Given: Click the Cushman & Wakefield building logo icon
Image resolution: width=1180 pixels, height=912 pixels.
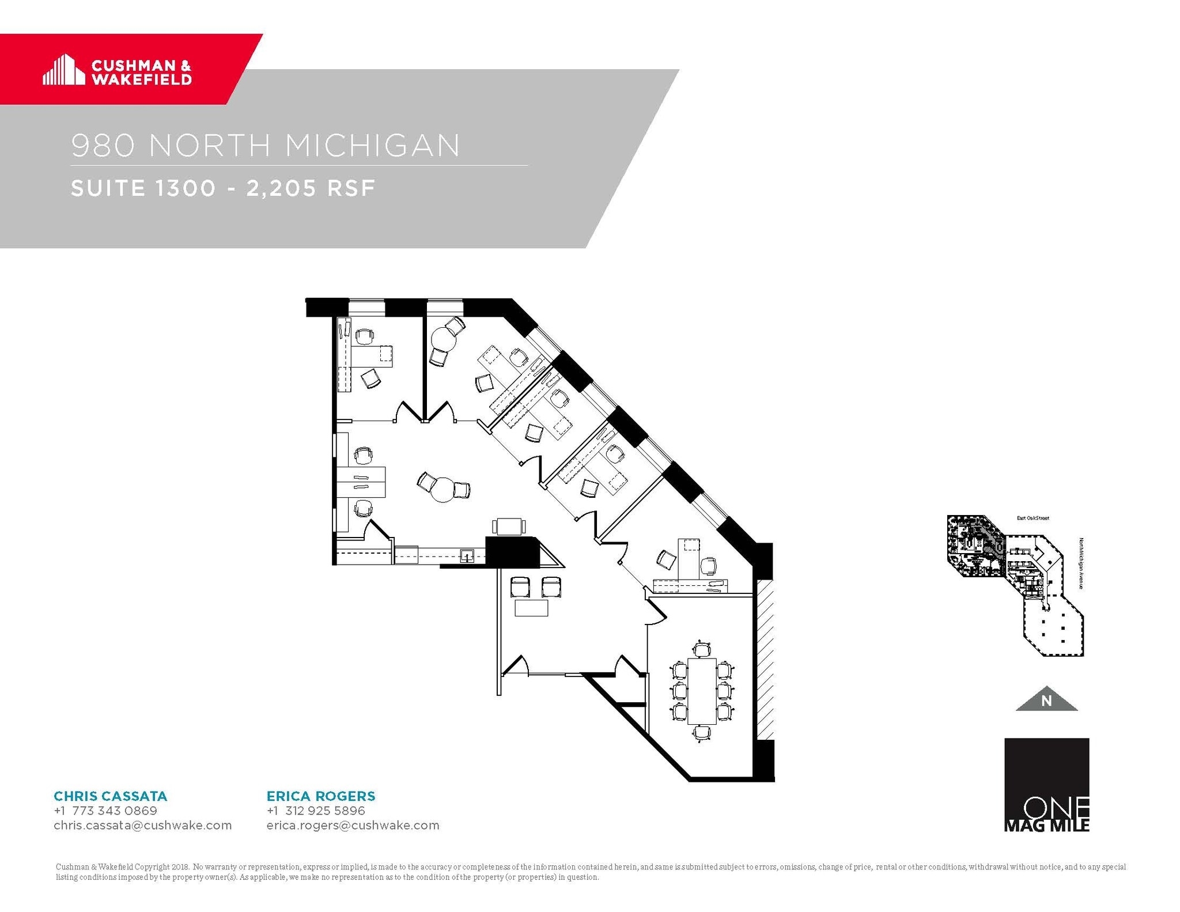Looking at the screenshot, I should click(x=60, y=70).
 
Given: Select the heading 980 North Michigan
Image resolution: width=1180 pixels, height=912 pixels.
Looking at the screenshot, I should click(x=266, y=145).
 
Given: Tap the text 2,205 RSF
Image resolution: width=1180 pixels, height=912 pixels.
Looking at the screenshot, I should click(x=311, y=188).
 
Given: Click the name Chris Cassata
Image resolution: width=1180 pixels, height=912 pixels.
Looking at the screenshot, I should click(x=110, y=796).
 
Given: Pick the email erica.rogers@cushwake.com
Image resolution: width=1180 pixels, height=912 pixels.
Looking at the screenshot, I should click(x=353, y=825).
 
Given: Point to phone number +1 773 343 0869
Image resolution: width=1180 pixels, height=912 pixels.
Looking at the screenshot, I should click(x=105, y=811).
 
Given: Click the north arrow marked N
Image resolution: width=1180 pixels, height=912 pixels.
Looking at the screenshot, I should click(x=1046, y=699).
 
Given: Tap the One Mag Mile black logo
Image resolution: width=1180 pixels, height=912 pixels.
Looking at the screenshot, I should click(x=1046, y=785).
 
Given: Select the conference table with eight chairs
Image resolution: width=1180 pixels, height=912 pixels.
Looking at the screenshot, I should click(x=701, y=691).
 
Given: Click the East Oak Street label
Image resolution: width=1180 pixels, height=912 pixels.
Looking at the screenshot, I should click(x=1032, y=518).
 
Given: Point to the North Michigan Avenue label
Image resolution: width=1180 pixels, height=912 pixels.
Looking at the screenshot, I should click(x=1081, y=563).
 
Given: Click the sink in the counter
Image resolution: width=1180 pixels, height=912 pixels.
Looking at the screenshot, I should click(x=467, y=556).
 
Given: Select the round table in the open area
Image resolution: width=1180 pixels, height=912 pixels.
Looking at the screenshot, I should click(x=443, y=490).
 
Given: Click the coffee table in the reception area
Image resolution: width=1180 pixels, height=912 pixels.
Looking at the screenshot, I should click(x=531, y=608).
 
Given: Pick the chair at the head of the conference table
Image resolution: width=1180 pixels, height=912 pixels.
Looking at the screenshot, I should click(x=701, y=649).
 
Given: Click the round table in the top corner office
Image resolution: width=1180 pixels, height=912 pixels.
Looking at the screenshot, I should click(x=444, y=339).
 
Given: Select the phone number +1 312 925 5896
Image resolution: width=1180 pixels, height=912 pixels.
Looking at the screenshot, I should click(x=316, y=811).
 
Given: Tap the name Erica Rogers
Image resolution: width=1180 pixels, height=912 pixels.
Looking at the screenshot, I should click(x=320, y=796).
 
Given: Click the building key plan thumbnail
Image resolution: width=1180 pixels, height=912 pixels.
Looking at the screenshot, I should click(x=1016, y=585).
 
